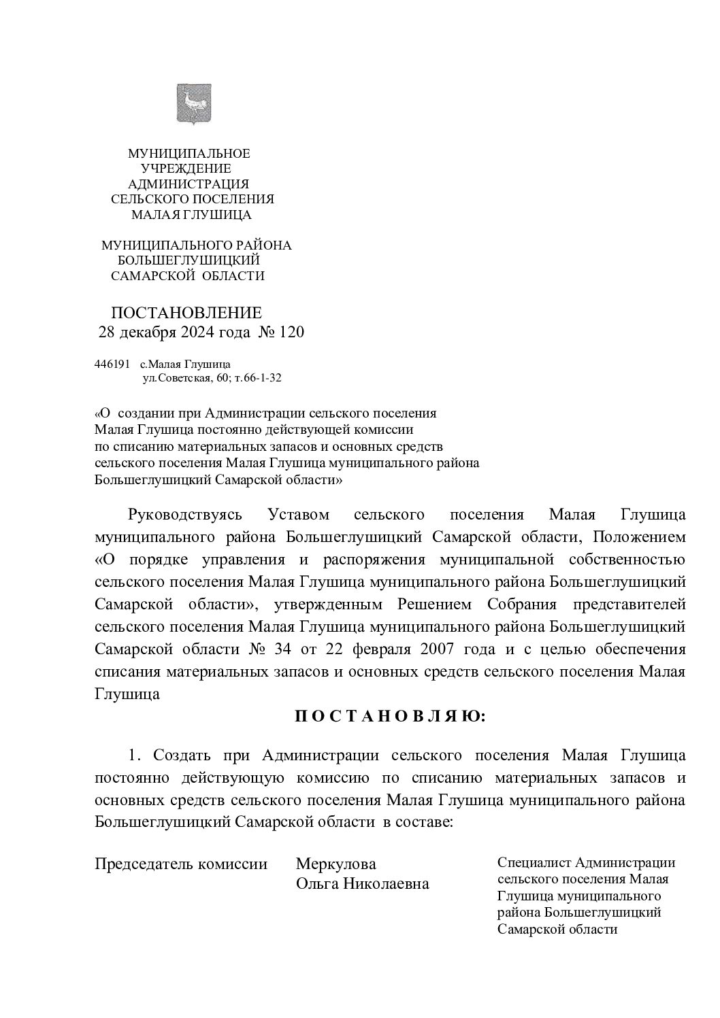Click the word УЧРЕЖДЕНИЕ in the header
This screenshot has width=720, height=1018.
point(186,169)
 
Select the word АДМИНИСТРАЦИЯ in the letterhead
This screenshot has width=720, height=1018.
point(189,184)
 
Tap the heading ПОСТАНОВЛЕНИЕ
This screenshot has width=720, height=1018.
point(186,313)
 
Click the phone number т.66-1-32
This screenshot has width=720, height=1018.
point(257,377)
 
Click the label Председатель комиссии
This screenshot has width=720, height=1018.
point(180,864)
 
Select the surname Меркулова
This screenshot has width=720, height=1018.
point(336,864)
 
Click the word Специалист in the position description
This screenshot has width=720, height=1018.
point(534,863)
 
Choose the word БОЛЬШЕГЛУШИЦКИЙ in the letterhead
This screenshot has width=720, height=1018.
point(189,260)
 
